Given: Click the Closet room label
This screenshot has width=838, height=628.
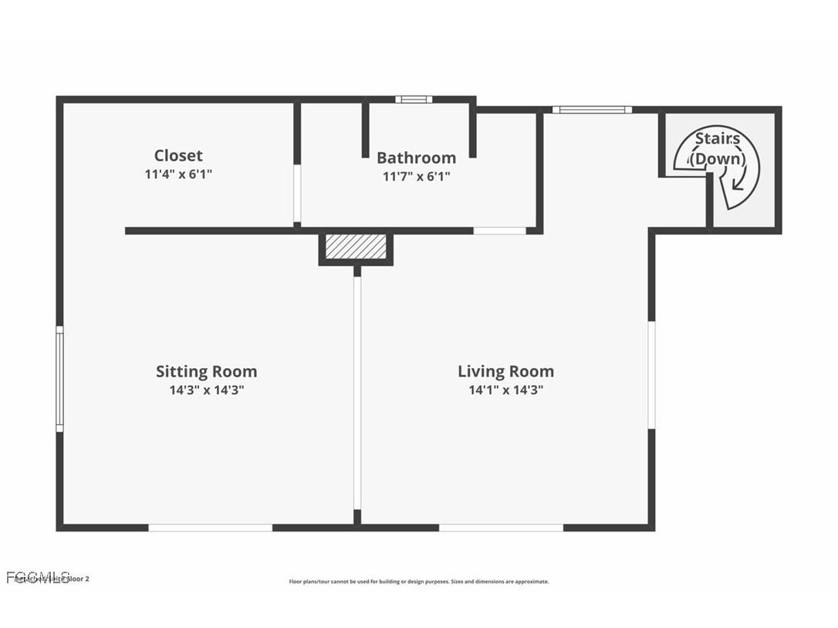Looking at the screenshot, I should (178, 156).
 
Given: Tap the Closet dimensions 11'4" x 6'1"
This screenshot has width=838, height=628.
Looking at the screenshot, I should (178, 174).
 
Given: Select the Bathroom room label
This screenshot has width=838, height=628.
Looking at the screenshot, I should (416, 158).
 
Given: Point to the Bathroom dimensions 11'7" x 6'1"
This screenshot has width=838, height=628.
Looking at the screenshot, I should (416, 177).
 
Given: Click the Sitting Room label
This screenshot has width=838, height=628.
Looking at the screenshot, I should (206, 372).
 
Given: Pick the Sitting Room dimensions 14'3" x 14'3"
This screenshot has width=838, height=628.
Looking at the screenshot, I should (206, 390).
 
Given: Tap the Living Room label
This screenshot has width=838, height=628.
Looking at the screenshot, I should (505, 372).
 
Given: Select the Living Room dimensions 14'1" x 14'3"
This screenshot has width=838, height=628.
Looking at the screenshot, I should (505, 390).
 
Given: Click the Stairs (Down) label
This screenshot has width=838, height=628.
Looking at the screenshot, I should (718, 149).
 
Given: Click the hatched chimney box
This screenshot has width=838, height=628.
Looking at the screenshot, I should (356, 247).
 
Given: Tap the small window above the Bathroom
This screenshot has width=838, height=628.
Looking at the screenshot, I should (414, 100).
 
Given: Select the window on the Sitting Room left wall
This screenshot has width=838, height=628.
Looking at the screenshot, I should (59, 378).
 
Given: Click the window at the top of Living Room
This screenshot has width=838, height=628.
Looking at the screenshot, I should (592, 110).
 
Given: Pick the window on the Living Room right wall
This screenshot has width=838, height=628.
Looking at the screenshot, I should (651, 375).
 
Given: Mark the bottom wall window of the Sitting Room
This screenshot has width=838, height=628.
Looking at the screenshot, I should (210, 528).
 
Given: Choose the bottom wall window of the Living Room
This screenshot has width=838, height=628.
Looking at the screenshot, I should (501, 528).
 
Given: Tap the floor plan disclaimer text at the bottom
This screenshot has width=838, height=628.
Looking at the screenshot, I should (419, 582).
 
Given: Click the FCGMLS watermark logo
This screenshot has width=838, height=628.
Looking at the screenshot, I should (39, 577).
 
